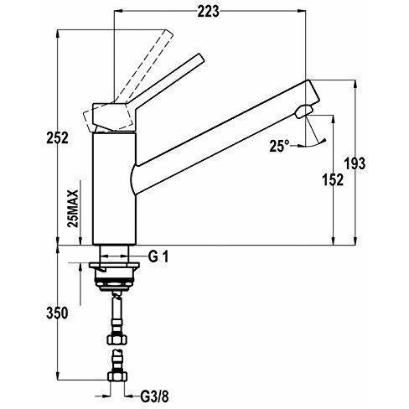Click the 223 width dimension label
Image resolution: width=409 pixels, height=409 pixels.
[x=208, y=12]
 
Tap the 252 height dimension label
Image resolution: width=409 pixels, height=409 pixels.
[x=57, y=137]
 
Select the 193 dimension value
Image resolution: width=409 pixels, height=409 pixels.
[x=355, y=163]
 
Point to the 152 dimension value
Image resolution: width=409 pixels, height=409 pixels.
[x=333, y=179]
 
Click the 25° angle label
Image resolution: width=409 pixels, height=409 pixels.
[x=279, y=146]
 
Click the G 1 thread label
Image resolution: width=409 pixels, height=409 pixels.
[x=158, y=256]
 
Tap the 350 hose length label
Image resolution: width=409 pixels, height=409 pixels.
[x=57, y=313]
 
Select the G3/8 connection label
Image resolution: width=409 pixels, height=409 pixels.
[x=154, y=396]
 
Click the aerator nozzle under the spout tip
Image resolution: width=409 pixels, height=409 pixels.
[x=304, y=111]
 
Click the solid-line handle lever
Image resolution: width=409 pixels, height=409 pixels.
[x=167, y=79]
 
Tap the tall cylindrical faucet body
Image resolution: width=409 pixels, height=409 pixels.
[x=114, y=189]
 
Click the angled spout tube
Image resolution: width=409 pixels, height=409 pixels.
[x=225, y=137]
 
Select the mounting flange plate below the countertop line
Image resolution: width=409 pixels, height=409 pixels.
[x=114, y=265]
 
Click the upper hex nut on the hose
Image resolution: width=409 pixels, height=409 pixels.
[x=117, y=339]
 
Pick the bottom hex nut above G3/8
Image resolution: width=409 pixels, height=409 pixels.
[x=117, y=376]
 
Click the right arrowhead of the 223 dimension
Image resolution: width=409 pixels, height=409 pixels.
[x=301, y=11]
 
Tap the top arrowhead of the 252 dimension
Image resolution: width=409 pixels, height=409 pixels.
[x=58, y=34]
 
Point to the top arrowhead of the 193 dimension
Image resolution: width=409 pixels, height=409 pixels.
[x=355, y=85]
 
